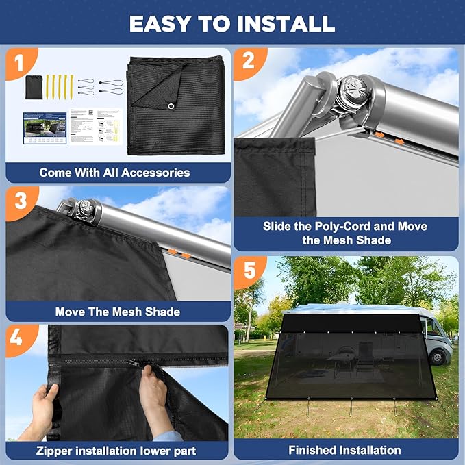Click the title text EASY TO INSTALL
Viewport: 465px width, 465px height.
tap(232, 23)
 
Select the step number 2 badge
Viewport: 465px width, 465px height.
tap(248, 60)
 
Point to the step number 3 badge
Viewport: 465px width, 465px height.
tap(20, 201)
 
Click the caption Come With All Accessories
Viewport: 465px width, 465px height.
tap(114, 172)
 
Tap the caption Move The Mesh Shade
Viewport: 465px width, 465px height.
tap(117, 312)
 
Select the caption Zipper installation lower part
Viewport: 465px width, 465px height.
tap(117, 451)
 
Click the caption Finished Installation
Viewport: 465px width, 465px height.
tap(344, 450)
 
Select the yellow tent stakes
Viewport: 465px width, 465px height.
tap(60, 86)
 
